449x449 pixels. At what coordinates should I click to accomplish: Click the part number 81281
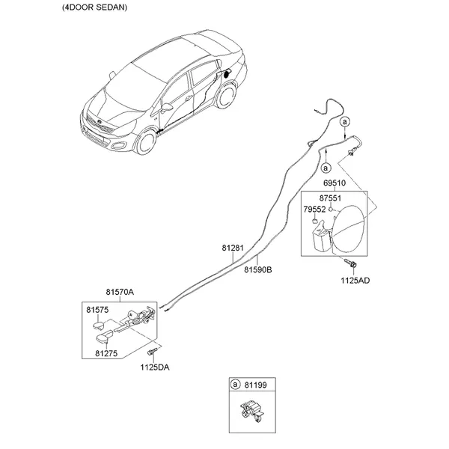click(x=233, y=248)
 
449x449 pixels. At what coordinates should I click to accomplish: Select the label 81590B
click(x=258, y=269)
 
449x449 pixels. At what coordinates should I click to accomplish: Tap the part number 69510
click(x=335, y=183)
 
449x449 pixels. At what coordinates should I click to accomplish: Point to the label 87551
click(x=330, y=198)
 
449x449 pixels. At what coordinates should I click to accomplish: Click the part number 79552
click(x=314, y=210)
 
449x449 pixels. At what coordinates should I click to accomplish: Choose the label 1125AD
click(x=355, y=281)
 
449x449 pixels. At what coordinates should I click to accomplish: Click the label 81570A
click(x=120, y=292)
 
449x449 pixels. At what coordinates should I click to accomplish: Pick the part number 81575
click(x=97, y=310)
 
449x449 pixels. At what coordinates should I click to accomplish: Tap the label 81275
click(x=106, y=353)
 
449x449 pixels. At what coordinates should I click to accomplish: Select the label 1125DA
click(x=155, y=367)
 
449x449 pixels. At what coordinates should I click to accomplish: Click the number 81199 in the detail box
click(x=255, y=385)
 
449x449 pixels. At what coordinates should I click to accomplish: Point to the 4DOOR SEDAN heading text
click(x=95, y=7)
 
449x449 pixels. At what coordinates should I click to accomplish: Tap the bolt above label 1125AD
click(x=351, y=263)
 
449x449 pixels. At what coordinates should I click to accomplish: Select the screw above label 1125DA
click(x=153, y=351)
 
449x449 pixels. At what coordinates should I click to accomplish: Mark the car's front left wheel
click(x=147, y=142)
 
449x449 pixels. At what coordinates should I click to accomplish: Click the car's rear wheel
click(x=226, y=96)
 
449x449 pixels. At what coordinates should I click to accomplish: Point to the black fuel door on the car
click(x=227, y=74)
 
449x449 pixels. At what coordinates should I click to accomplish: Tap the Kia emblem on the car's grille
click(x=99, y=122)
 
